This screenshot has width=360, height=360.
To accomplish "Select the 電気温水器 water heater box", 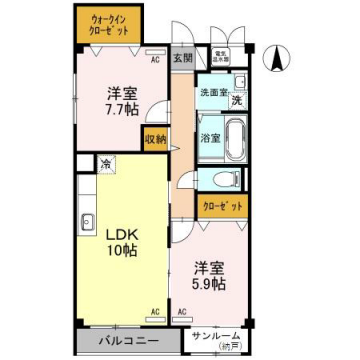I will pos(219,58).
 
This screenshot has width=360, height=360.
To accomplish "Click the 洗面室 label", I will pos(211,93).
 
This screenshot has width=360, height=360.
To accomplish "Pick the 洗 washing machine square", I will pos(236,100).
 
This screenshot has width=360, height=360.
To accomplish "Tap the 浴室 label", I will pos(210,136).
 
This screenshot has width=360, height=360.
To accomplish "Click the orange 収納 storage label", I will pos(154,141).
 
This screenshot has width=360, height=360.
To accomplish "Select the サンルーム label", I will pos(216,335).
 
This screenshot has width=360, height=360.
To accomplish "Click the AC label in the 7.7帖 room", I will pos(155,59).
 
